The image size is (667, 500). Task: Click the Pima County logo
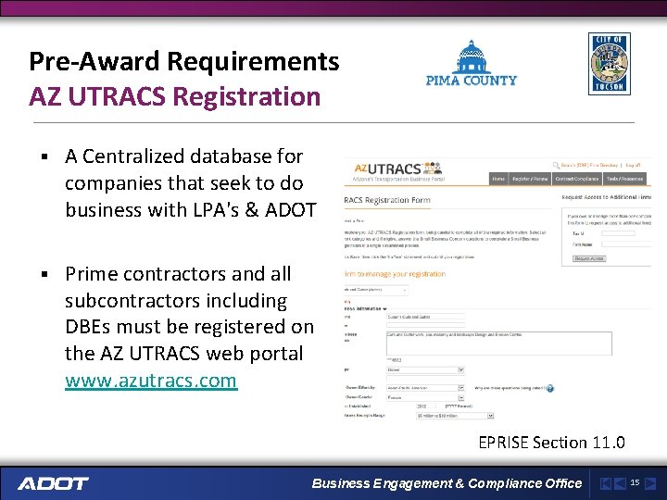pyautogui.click(x=471, y=64)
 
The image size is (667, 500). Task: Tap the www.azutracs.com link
pyautogui.click(x=151, y=381)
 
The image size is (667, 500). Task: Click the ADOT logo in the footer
pyautogui.click(x=53, y=483)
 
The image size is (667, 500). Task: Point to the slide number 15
pyautogui.click(x=635, y=482)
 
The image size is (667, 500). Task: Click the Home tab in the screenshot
pyautogui.click(x=498, y=179)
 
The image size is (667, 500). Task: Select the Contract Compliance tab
pyautogui.click(x=577, y=179)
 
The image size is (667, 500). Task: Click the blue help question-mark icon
pyautogui.click(x=549, y=389)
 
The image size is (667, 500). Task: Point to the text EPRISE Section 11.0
pyautogui.click(x=551, y=443)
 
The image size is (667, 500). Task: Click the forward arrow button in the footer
pyautogui.click(x=651, y=483)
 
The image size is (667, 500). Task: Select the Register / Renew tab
pyautogui.click(x=531, y=179)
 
